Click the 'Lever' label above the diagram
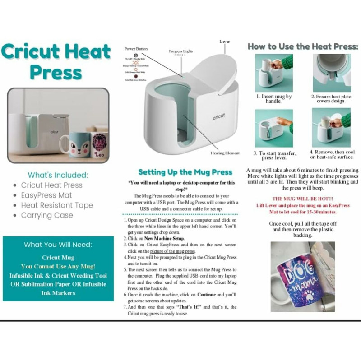(x=225, y=42)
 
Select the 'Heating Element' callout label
(x=225, y=153)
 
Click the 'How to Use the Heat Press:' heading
(x=303, y=46)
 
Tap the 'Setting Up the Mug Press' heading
(x=185, y=172)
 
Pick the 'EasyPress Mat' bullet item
(x=46, y=195)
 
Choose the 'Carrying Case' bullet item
(x=47, y=215)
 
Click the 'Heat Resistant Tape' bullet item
(x=57, y=205)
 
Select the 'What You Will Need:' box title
(x=58, y=245)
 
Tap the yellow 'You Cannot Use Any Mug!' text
(x=58, y=266)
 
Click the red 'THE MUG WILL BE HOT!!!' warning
(x=303, y=199)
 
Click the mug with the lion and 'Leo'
(x=99, y=145)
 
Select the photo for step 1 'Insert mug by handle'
(x=273, y=73)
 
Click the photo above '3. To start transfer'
(x=273, y=128)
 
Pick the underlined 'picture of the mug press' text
(x=173, y=250)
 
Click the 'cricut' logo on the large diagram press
(x=219, y=117)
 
